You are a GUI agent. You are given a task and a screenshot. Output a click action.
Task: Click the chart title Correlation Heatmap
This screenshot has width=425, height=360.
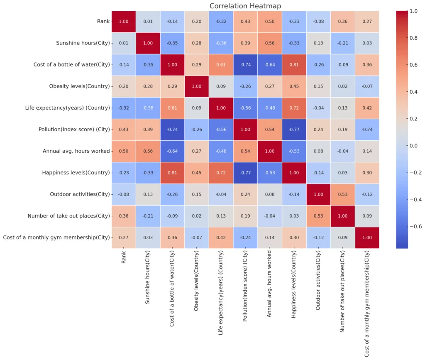pos(245,6)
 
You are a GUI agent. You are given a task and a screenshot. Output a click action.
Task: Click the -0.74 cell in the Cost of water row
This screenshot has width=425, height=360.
pos(246,65)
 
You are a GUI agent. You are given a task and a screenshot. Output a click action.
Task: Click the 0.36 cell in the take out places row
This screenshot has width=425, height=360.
pos(123,216)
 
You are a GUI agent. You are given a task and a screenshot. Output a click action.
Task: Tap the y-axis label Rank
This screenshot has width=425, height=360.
pos(104,22)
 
